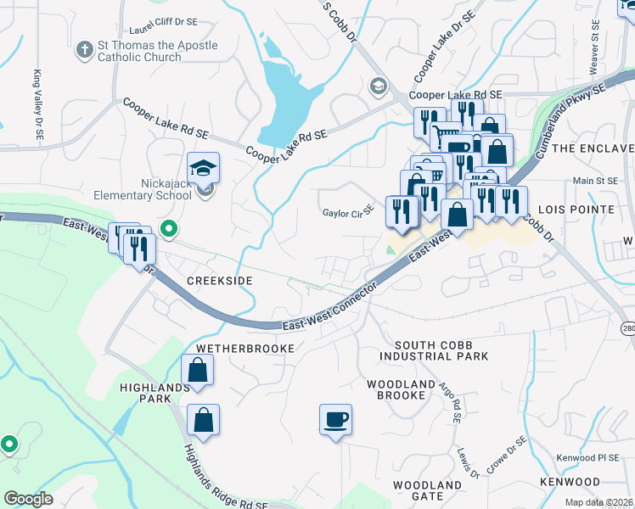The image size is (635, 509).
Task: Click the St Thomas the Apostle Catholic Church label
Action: (x=145, y=51)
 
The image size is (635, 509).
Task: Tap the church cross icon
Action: (x=84, y=50)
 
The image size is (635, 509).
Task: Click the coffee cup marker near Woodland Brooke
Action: (x=335, y=419)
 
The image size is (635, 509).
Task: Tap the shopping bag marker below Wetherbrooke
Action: (x=197, y=371)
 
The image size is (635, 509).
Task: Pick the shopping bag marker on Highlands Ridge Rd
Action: (x=204, y=420)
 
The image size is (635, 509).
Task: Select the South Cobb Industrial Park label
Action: (x=441, y=350)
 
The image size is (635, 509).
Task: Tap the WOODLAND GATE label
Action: (x=426, y=490)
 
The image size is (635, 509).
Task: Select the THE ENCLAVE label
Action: (x=593, y=148)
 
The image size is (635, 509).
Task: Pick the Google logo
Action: (x=28, y=499)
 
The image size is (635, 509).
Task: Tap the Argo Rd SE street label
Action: (x=449, y=402)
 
